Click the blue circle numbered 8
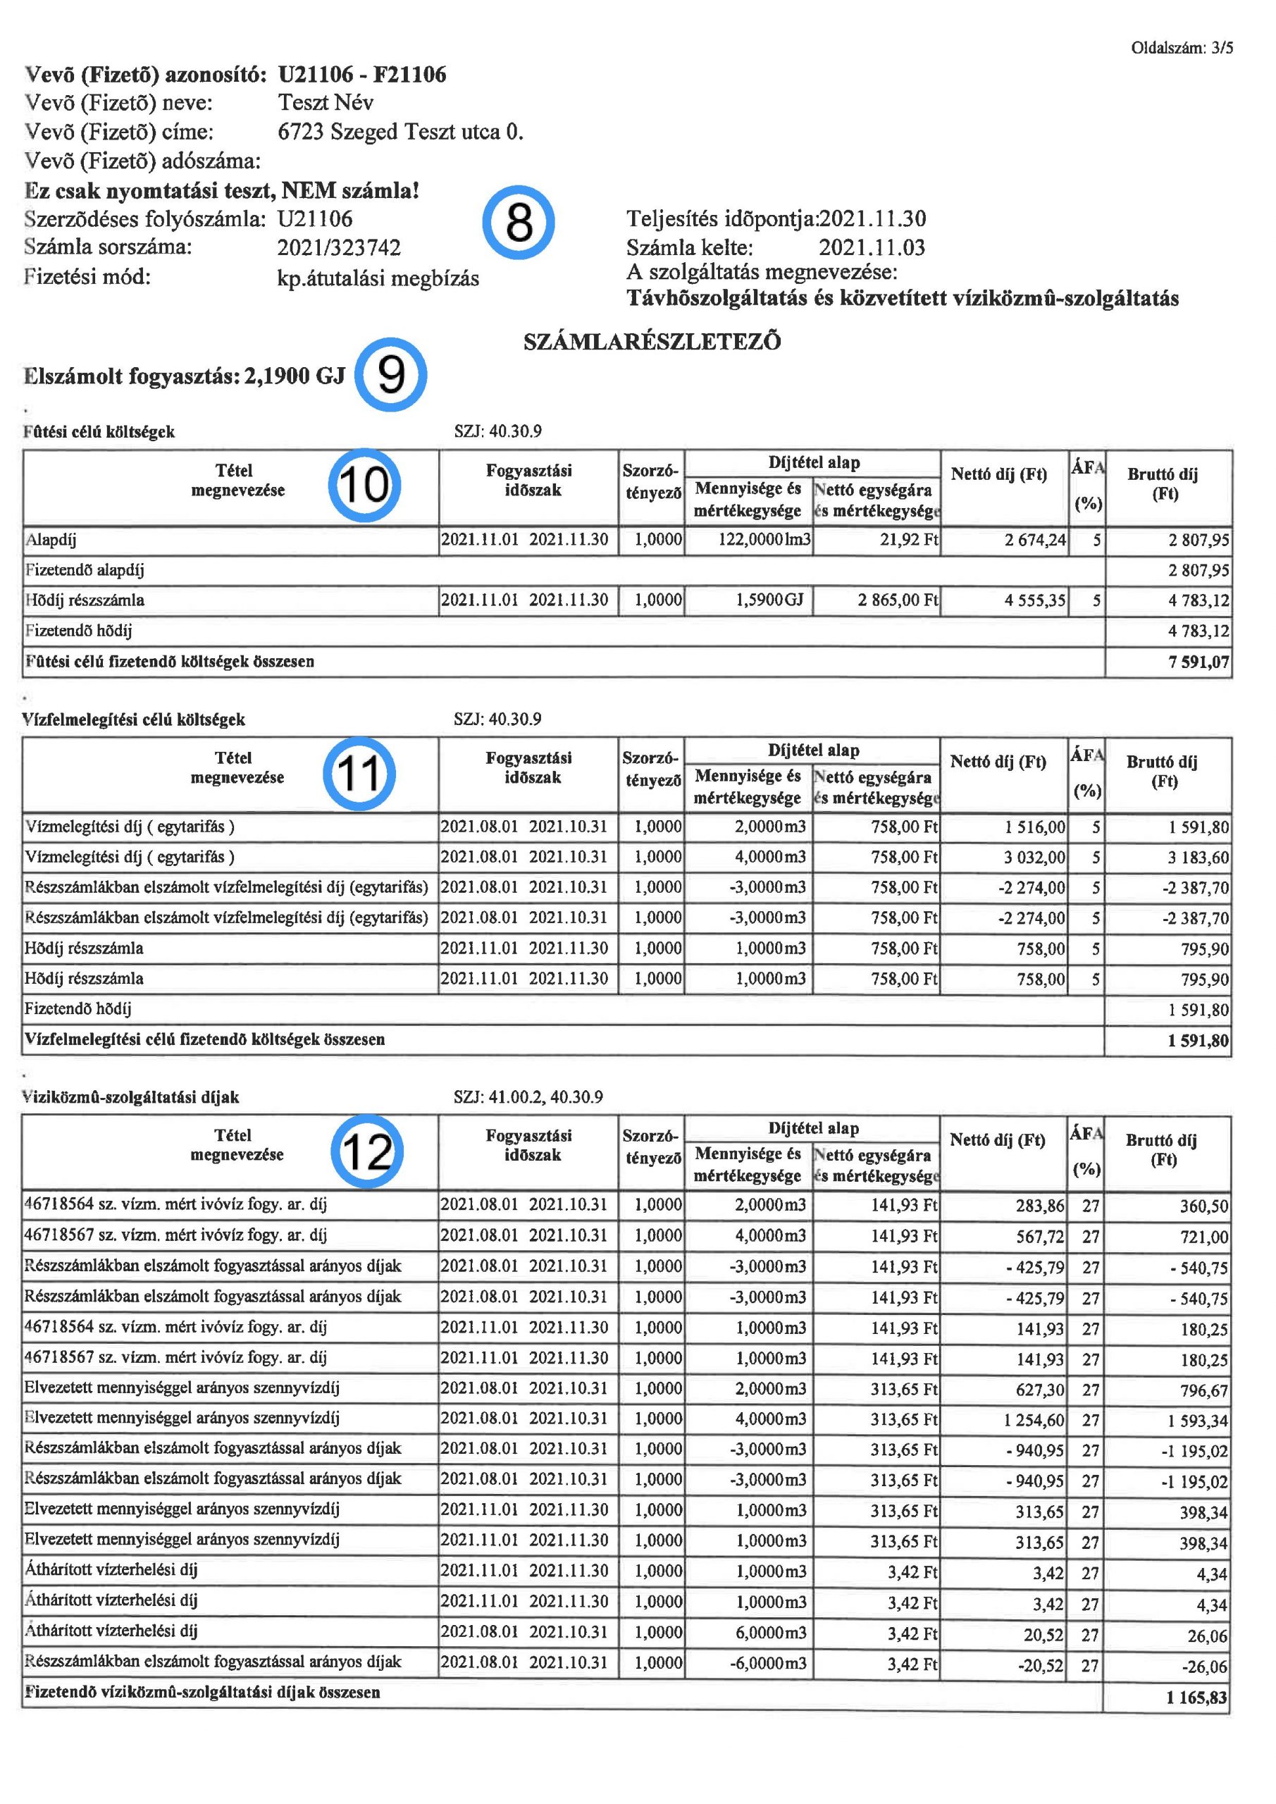(518, 223)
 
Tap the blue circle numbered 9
(390, 375)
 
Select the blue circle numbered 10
(364, 484)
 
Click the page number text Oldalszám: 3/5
(1182, 48)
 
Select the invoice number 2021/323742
(339, 248)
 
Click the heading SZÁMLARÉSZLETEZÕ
(652, 342)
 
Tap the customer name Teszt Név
(326, 103)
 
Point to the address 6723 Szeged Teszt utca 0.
(401, 132)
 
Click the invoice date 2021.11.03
(872, 248)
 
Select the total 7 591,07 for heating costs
(1198, 662)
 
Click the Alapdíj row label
(51, 540)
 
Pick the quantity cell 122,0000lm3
(764, 540)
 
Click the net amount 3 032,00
(1035, 857)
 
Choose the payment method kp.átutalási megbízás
(378, 279)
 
